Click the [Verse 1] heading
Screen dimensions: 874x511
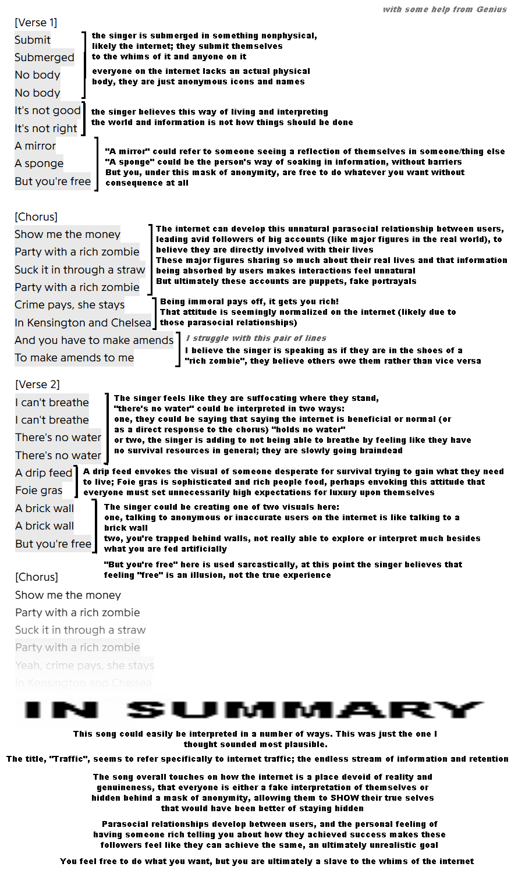pyautogui.click(x=36, y=23)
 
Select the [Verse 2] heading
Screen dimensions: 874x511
pyautogui.click(x=37, y=385)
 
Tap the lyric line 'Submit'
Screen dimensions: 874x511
pyautogui.click(x=33, y=40)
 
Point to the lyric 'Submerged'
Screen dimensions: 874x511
pyautogui.click(x=44, y=58)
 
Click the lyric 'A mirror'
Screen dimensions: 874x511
pyautogui.click(x=36, y=146)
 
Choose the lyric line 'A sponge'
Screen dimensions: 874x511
pyautogui.click(x=39, y=164)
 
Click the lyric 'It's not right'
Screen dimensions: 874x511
pyautogui.click(x=46, y=129)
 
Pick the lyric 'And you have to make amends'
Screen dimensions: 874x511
pyautogui.click(x=94, y=340)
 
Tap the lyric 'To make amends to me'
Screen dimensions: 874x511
pyautogui.click(x=74, y=358)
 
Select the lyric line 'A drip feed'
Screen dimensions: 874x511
pyautogui.click(x=44, y=473)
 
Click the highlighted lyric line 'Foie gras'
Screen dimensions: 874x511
pyautogui.click(x=38, y=491)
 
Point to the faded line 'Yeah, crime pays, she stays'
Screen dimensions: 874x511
pyautogui.click(x=84, y=665)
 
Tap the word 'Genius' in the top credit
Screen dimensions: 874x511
pyautogui.click(x=492, y=9)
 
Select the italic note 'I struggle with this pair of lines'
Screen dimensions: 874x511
pyautogui.click(x=256, y=338)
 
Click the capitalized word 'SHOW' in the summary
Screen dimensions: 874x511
pyautogui.click(x=342, y=798)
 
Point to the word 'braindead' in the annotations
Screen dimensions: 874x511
pyautogui.click(x=381, y=450)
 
